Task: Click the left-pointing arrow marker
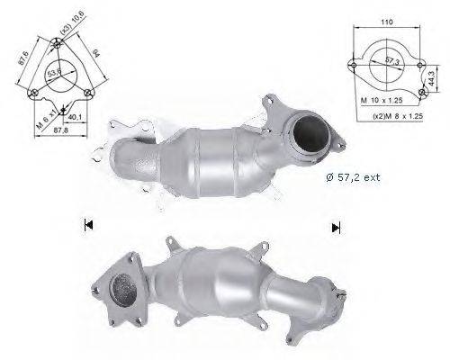click(87, 225)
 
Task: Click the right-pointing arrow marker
click(336, 227)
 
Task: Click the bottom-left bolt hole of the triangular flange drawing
click(33, 93)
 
